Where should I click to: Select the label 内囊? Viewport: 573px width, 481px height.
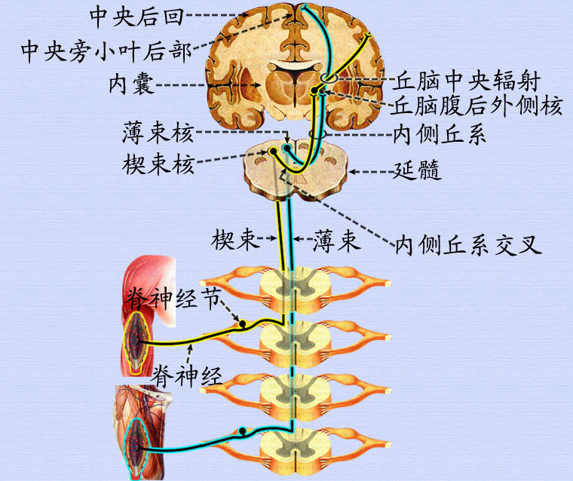[131, 84]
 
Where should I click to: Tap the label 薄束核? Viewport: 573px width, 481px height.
[158, 134]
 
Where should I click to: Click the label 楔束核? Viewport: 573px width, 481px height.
[158, 163]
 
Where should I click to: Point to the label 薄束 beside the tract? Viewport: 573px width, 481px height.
[336, 241]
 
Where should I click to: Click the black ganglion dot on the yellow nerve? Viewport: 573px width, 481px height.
[243, 325]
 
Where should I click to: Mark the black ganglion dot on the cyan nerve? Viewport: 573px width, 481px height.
[243, 432]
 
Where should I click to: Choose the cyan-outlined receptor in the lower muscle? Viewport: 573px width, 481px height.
[136, 445]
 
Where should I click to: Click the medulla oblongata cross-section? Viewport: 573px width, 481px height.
[294, 170]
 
